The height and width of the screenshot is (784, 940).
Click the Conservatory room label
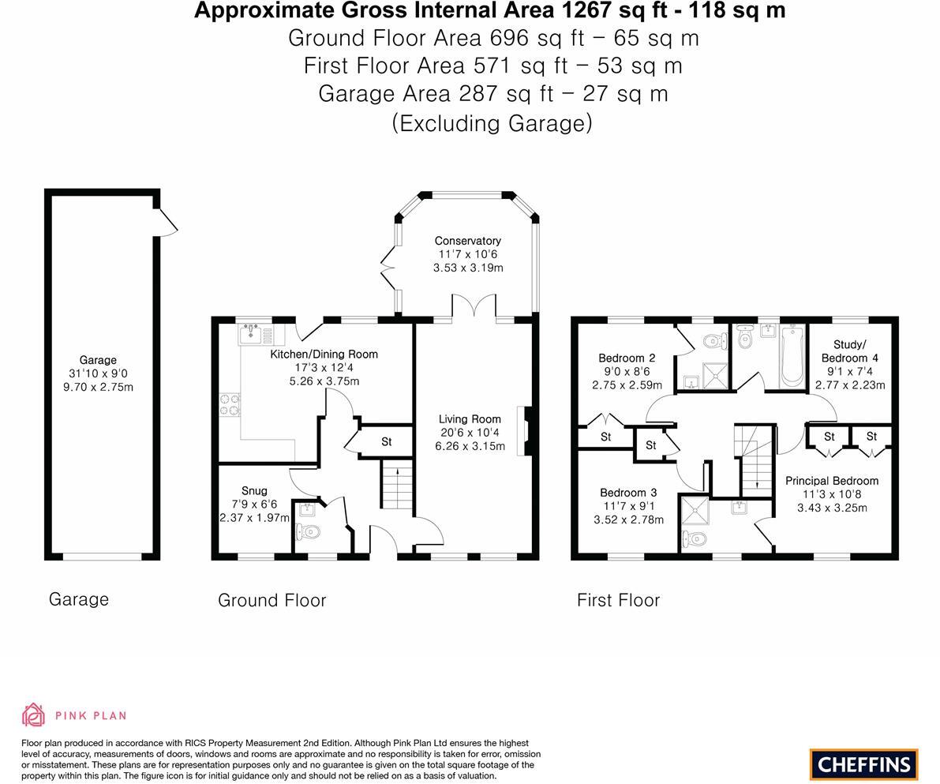(467, 241)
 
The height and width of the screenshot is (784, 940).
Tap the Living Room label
(470, 419)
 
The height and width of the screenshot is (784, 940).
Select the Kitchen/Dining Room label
(324, 354)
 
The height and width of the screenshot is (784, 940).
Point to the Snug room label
(254, 490)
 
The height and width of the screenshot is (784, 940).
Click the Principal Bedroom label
(831, 481)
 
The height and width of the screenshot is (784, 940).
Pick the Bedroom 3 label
(627, 493)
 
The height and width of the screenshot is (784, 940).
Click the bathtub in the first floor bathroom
(791, 357)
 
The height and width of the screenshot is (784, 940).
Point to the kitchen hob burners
(229, 404)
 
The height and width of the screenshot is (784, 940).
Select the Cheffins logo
(863, 764)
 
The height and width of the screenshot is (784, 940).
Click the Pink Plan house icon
(33, 715)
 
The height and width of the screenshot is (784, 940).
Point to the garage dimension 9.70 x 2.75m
(98, 387)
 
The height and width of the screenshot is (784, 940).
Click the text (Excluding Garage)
(492, 123)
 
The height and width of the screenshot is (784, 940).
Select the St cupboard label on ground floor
(386, 442)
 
